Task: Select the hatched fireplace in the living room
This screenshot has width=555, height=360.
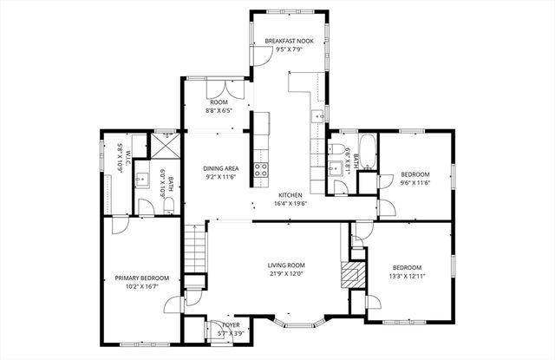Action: pos(349,275)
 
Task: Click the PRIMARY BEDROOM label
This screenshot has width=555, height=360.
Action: pos(141,278)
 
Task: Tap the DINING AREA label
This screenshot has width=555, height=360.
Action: pos(221,168)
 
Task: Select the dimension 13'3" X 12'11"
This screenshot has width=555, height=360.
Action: pos(407,276)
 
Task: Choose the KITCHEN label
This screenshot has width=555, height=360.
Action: pos(290,195)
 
